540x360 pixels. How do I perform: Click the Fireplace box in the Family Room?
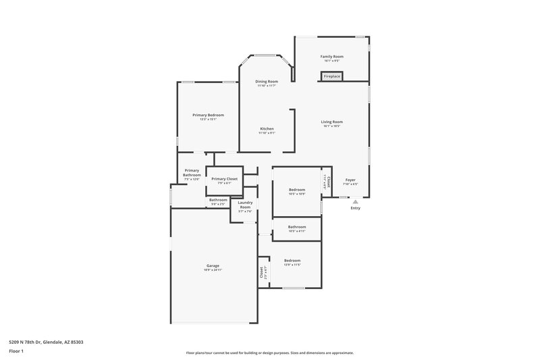331,76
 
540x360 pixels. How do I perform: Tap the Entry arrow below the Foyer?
355,201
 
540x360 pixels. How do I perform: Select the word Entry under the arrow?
355,208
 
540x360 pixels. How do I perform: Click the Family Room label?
331,57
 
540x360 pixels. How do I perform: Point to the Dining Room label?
267,82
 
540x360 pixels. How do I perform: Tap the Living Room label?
331,122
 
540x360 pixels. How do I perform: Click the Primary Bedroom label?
207,115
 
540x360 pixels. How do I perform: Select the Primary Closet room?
224,180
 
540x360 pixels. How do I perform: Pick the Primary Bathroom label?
192,173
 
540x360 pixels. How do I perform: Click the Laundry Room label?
245,205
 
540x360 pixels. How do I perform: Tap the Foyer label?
350,180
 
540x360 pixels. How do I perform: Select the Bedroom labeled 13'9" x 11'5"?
292,261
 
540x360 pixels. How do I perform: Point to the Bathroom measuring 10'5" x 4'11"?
297,227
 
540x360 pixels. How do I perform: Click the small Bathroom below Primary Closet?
218,200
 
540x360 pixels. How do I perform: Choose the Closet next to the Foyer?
327,181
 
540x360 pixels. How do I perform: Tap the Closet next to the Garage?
261,272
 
